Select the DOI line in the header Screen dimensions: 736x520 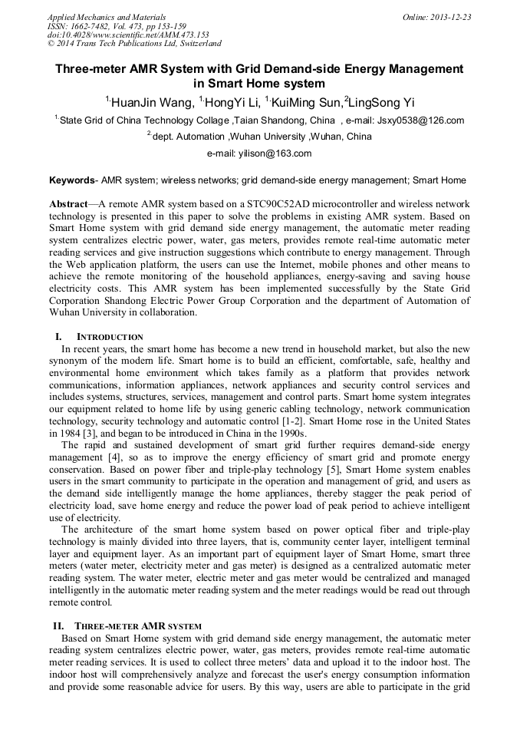(127, 35)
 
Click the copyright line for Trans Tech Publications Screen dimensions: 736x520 (134, 44)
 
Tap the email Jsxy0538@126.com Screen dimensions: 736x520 (418, 120)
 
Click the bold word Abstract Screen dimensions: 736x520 (68, 206)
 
